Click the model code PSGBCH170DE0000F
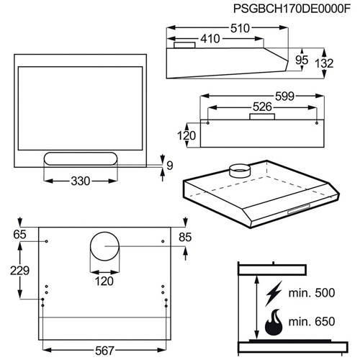(292, 9)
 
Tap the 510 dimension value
(240, 28)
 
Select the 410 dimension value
(210, 39)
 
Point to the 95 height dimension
(302, 60)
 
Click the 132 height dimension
(324, 63)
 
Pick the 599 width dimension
(284, 96)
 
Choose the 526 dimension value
(262, 107)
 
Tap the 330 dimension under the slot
(81, 181)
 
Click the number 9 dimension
(170, 166)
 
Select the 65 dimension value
(19, 235)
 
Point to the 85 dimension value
(185, 238)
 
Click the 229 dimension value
(19, 271)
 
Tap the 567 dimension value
(104, 351)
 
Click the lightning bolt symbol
(274, 293)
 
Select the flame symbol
(274, 323)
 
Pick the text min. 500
(312, 293)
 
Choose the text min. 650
(312, 322)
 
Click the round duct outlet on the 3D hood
(240, 171)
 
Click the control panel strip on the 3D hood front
(299, 209)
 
